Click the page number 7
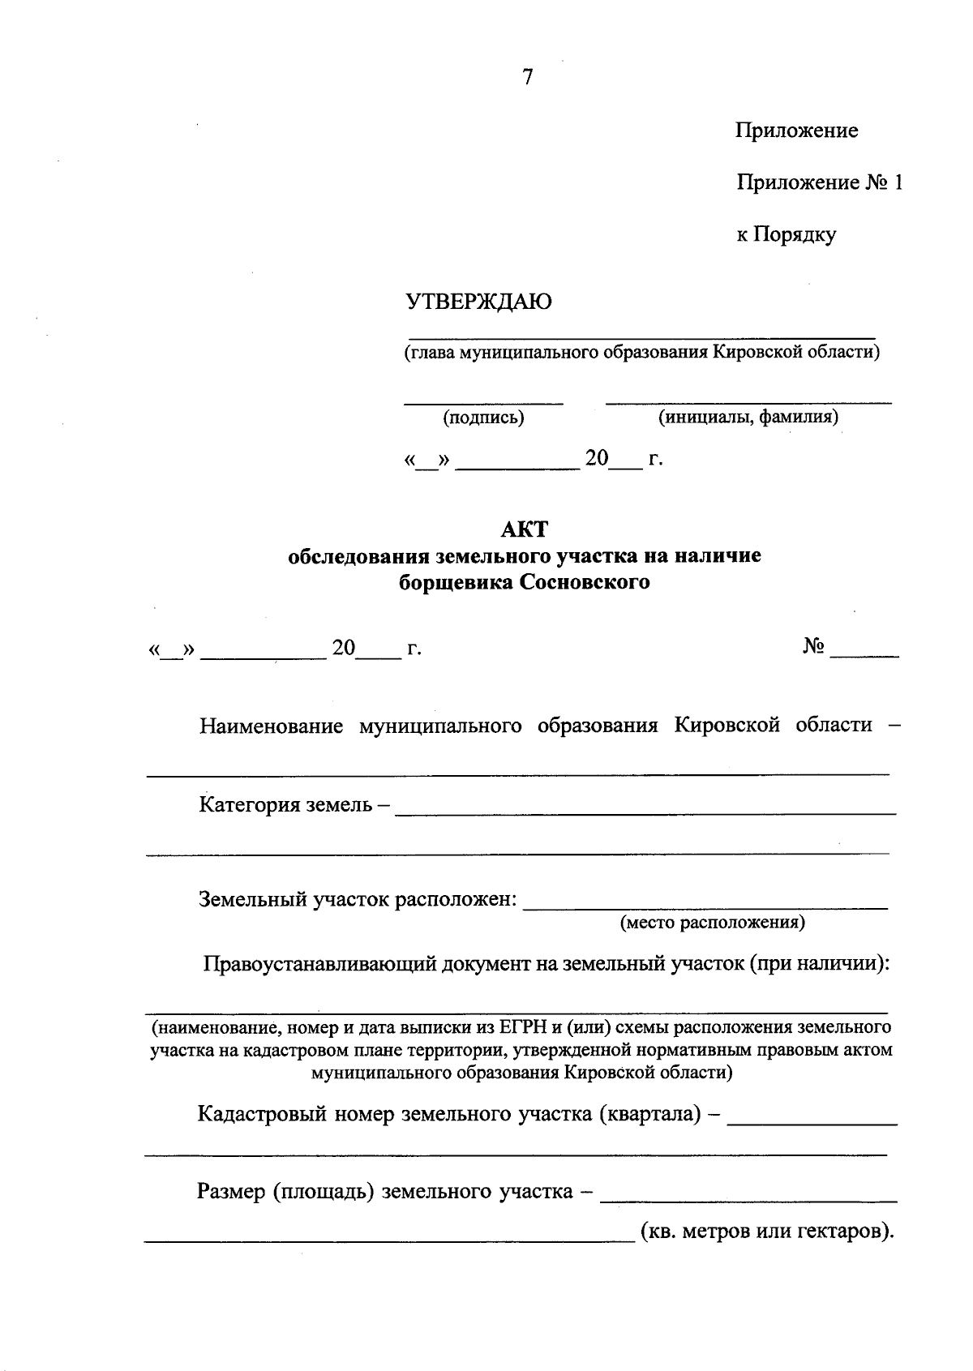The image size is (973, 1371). (x=528, y=77)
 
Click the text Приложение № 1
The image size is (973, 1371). (x=819, y=182)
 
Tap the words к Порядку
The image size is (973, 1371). (x=786, y=235)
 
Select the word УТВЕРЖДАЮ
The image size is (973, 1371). (x=478, y=302)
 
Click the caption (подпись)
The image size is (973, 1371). (x=483, y=418)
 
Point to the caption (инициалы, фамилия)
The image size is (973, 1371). (x=748, y=417)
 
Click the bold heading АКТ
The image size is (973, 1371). (x=525, y=529)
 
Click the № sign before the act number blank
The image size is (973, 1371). (x=813, y=646)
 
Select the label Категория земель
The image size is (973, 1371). (x=285, y=805)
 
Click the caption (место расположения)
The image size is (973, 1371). (x=712, y=923)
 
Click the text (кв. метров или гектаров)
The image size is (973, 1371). (x=767, y=1232)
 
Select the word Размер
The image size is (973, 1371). (x=231, y=1192)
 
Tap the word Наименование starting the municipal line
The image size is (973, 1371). (x=272, y=726)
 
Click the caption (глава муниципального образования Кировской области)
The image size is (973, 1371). (x=642, y=353)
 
